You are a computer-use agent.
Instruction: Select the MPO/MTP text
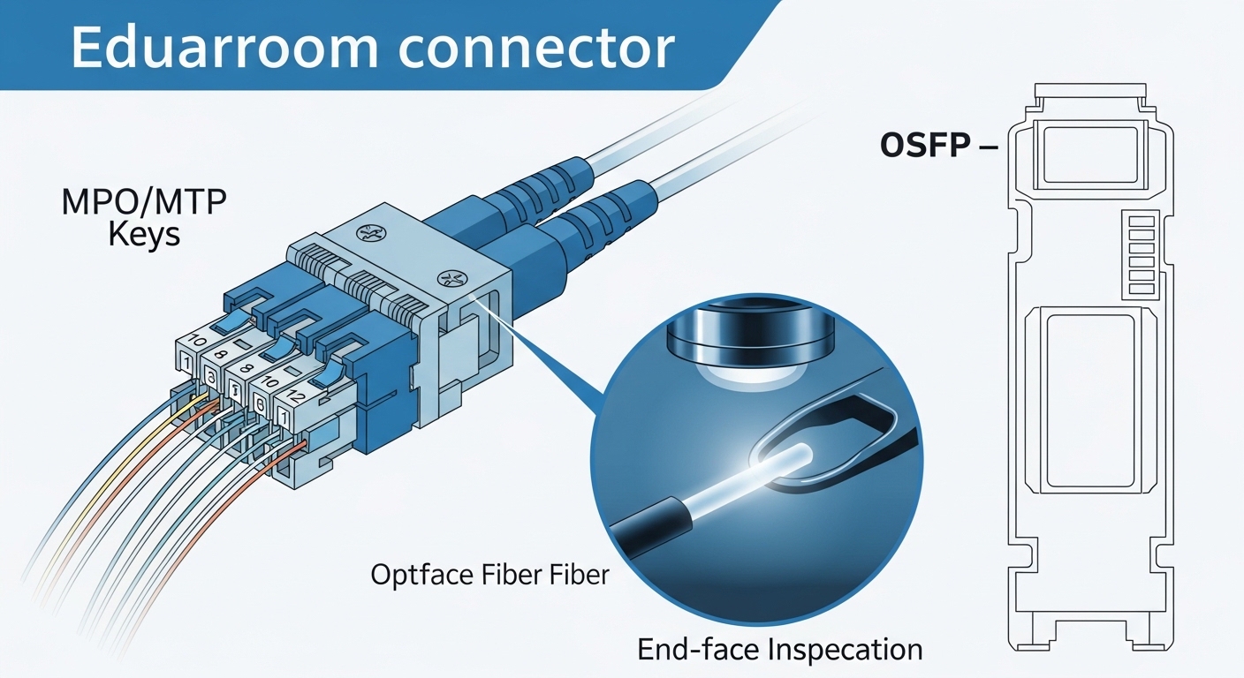144,203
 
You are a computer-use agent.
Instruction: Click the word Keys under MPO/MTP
144,236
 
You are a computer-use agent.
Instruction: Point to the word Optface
421,575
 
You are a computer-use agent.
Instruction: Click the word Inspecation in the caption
846,650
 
